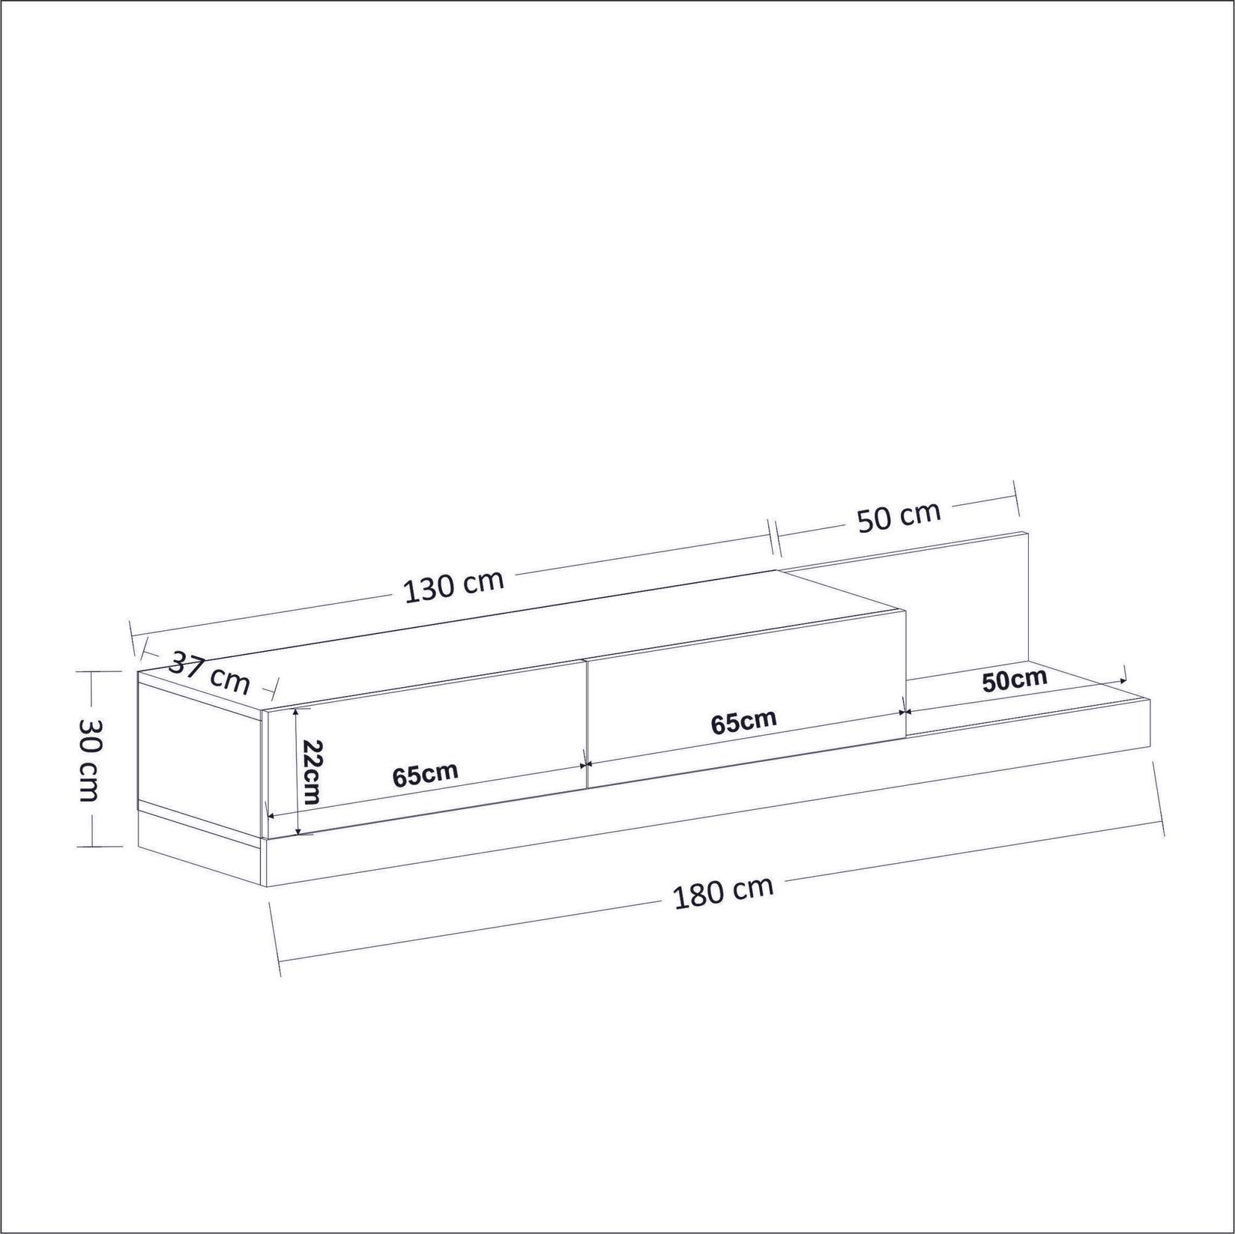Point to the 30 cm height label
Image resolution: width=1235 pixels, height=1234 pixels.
[x=89, y=759]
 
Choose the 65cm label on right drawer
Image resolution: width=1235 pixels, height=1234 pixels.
[x=743, y=722]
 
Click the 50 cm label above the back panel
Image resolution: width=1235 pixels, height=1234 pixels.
[x=899, y=516]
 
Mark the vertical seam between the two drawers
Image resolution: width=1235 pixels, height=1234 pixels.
[x=585, y=724]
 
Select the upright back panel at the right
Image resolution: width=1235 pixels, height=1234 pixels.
[x=967, y=599]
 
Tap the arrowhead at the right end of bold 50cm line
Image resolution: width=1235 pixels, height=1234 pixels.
[x=1122, y=680]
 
